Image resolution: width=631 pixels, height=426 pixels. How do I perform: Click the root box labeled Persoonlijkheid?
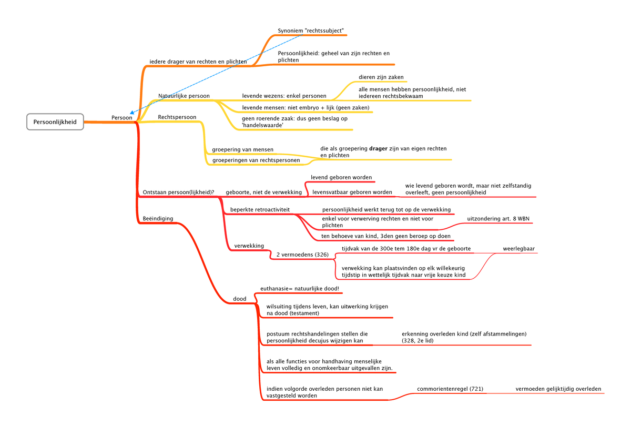[55, 121]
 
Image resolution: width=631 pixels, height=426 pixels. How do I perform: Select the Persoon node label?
[121, 117]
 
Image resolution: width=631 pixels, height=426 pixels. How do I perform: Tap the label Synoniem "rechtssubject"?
[311, 31]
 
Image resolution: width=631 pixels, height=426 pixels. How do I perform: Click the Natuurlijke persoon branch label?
[184, 96]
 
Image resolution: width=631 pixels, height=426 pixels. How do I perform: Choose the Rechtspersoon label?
[177, 117]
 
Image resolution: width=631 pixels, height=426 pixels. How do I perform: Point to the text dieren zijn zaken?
[381, 77]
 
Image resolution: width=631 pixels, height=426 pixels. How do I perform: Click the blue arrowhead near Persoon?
[132, 113]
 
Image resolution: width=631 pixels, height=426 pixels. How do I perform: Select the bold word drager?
[378, 148]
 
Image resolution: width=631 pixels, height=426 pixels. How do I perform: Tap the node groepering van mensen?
[242, 149]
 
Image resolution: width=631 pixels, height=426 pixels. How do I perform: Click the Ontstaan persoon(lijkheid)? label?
[178, 192]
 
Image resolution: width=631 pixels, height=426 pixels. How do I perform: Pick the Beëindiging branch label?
[158, 218]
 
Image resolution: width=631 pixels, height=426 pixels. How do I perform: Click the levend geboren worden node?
[341, 177]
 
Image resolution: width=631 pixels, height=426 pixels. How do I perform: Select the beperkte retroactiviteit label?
[260, 210]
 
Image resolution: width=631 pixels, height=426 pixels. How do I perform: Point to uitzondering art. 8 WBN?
[498, 219]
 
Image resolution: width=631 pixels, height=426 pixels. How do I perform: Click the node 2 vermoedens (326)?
[302, 255]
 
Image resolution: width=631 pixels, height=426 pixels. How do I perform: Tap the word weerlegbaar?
[518, 248]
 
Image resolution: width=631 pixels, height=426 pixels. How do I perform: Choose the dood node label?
[239, 299]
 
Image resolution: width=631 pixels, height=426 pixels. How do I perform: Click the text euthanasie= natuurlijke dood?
[300, 289]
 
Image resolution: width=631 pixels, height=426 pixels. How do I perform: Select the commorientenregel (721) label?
[450, 389]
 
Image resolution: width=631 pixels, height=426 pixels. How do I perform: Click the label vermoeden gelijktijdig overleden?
[558, 389]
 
